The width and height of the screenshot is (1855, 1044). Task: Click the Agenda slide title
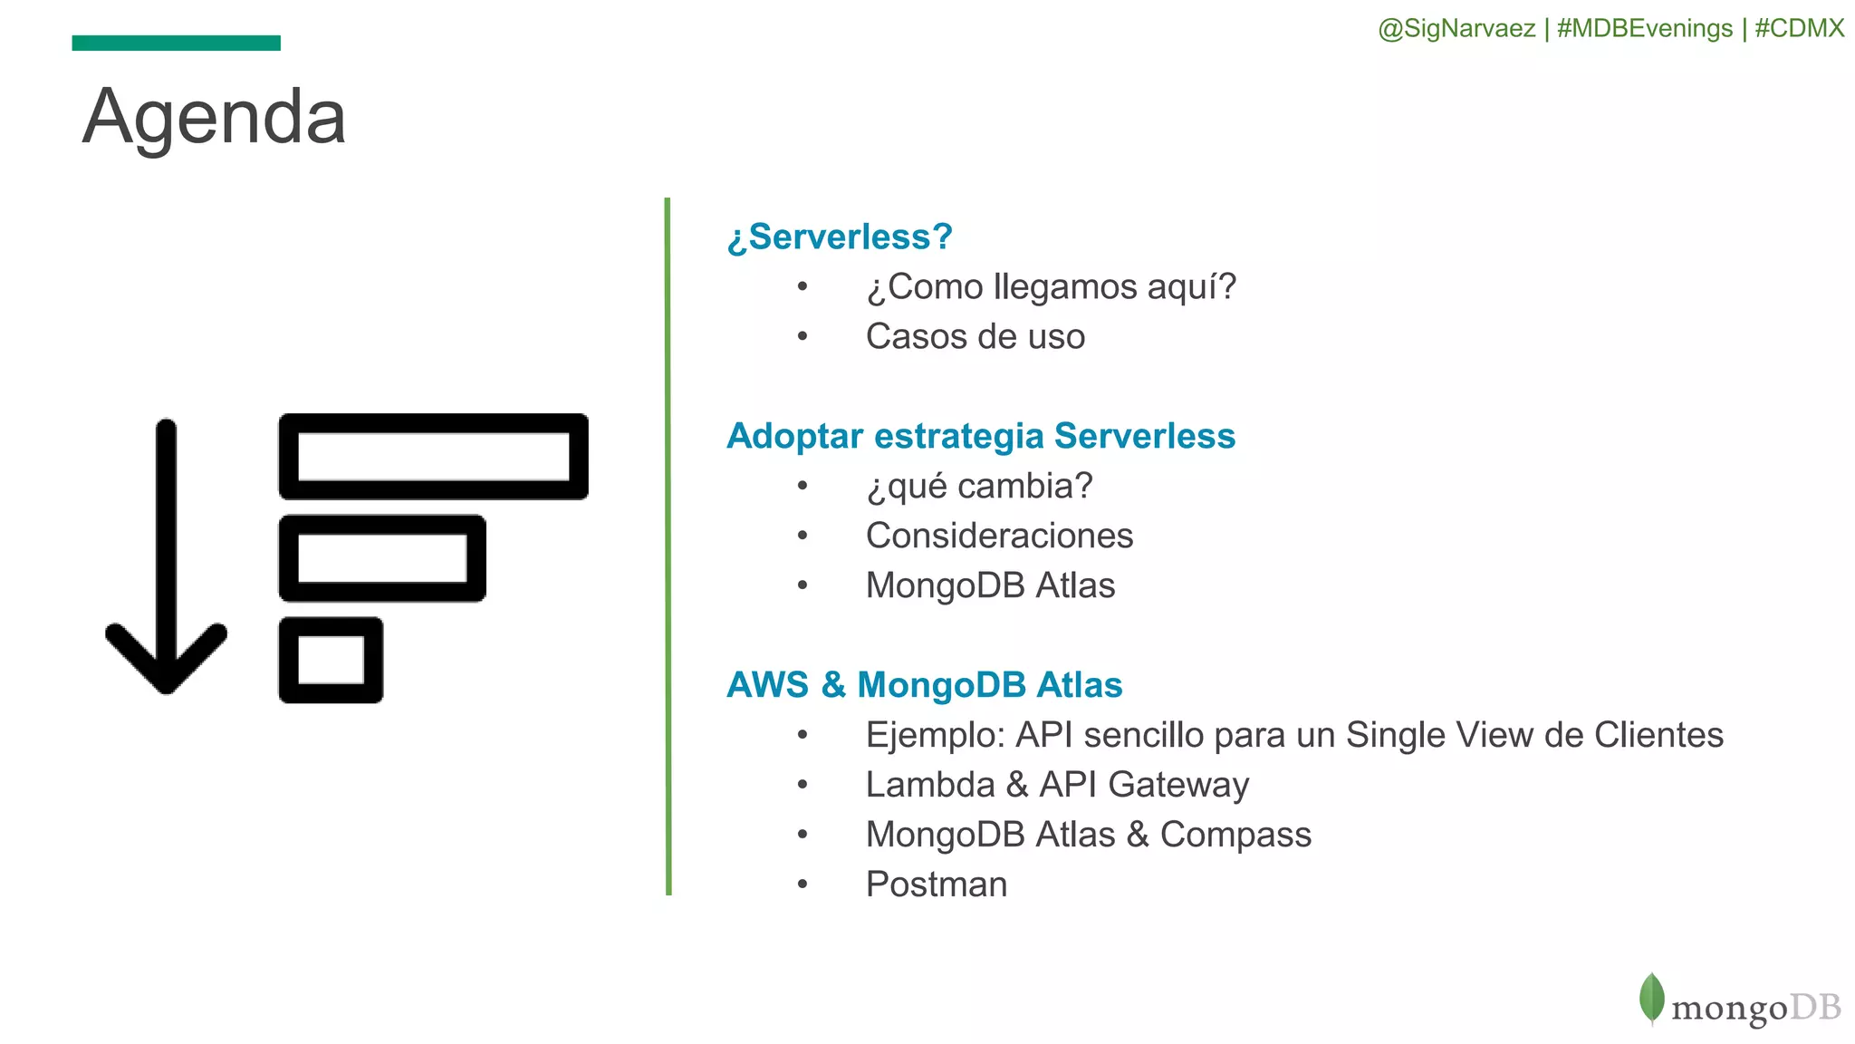214,118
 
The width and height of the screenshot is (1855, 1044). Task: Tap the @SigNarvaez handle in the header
1456,29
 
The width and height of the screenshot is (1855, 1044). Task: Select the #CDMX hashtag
1799,29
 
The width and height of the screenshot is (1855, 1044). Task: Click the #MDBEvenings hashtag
1645,29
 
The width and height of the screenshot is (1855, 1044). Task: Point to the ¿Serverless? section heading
840,237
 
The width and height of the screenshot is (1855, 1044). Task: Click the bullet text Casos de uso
975,337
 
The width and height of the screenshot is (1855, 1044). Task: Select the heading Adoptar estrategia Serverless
981,437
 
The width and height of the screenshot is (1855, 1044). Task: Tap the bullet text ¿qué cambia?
979,487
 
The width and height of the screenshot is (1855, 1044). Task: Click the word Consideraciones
999,536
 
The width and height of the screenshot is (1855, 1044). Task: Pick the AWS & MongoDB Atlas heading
924,686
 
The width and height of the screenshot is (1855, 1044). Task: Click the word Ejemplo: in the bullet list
936,735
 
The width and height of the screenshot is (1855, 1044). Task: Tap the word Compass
1235,835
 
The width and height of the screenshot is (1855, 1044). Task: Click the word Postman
936,884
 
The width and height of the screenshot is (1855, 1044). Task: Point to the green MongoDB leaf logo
1651,998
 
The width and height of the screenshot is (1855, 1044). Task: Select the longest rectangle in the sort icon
433,457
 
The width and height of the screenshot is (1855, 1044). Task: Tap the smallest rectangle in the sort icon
331,660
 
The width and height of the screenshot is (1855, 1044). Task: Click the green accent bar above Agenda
176,43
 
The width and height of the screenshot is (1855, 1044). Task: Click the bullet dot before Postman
802,884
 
